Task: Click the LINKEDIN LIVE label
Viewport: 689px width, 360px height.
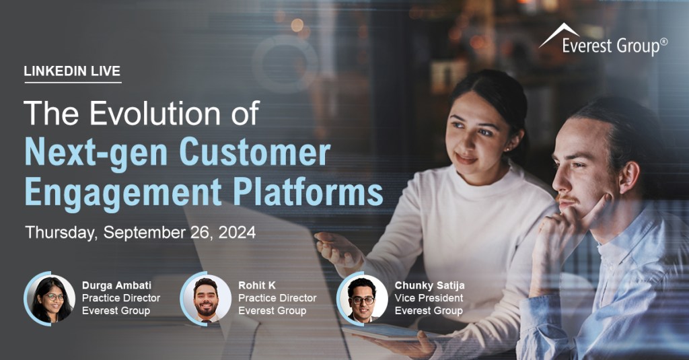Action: click(72, 71)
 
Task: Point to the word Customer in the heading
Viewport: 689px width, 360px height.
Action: click(255, 151)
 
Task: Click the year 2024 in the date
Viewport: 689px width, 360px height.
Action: click(237, 232)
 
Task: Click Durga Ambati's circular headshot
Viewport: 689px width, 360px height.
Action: click(50, 299)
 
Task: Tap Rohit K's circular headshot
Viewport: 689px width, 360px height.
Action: click(206, 299)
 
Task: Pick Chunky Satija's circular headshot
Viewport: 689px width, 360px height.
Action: click(362, 299)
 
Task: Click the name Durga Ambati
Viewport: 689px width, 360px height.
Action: click(116, 285)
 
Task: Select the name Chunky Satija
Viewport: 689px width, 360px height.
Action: click(429, 286)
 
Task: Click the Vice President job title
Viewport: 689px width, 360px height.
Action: click(429, 298)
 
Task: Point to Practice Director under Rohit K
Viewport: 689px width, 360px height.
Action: click(277, 298)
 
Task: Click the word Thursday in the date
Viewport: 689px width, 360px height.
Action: click(61, 233)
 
